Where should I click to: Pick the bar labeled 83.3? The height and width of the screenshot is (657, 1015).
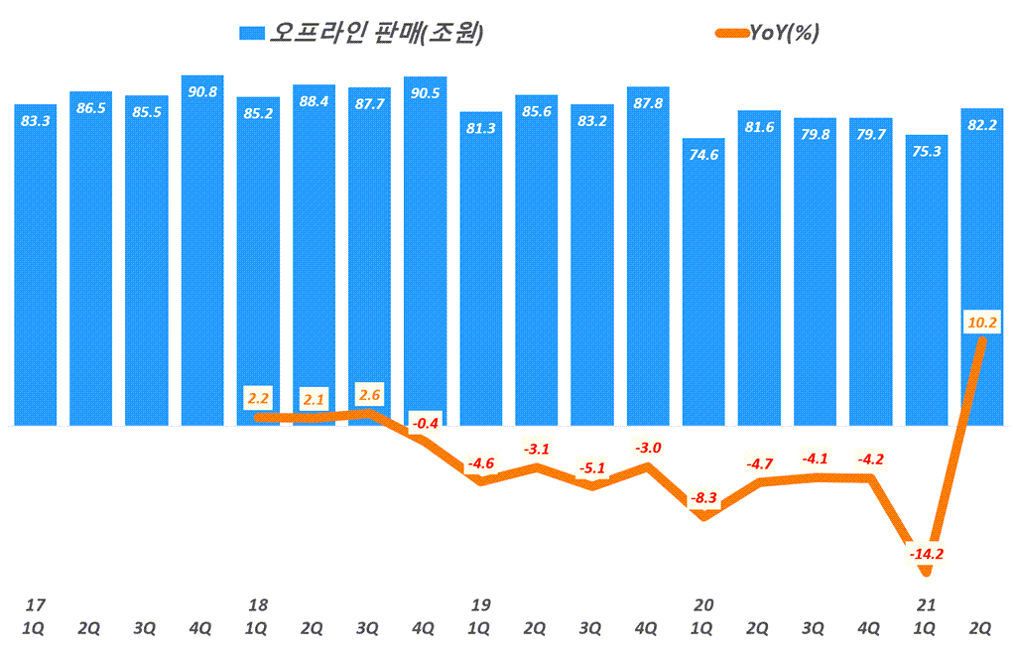pos(36,263)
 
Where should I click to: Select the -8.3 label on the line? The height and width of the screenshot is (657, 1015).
pos(703,499)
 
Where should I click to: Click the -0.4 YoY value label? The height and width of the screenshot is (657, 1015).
pos(425,424)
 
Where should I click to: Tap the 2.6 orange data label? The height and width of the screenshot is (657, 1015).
pos(369,396)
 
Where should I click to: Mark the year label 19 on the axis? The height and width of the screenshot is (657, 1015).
pos(481,604)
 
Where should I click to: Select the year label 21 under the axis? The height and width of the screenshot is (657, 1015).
pos(926,604)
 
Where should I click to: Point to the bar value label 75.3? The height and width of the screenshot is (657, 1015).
pos(926,151)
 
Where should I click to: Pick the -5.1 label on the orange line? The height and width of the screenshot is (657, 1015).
pos(592,468)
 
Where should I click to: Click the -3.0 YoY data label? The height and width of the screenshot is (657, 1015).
pos(648,448)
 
